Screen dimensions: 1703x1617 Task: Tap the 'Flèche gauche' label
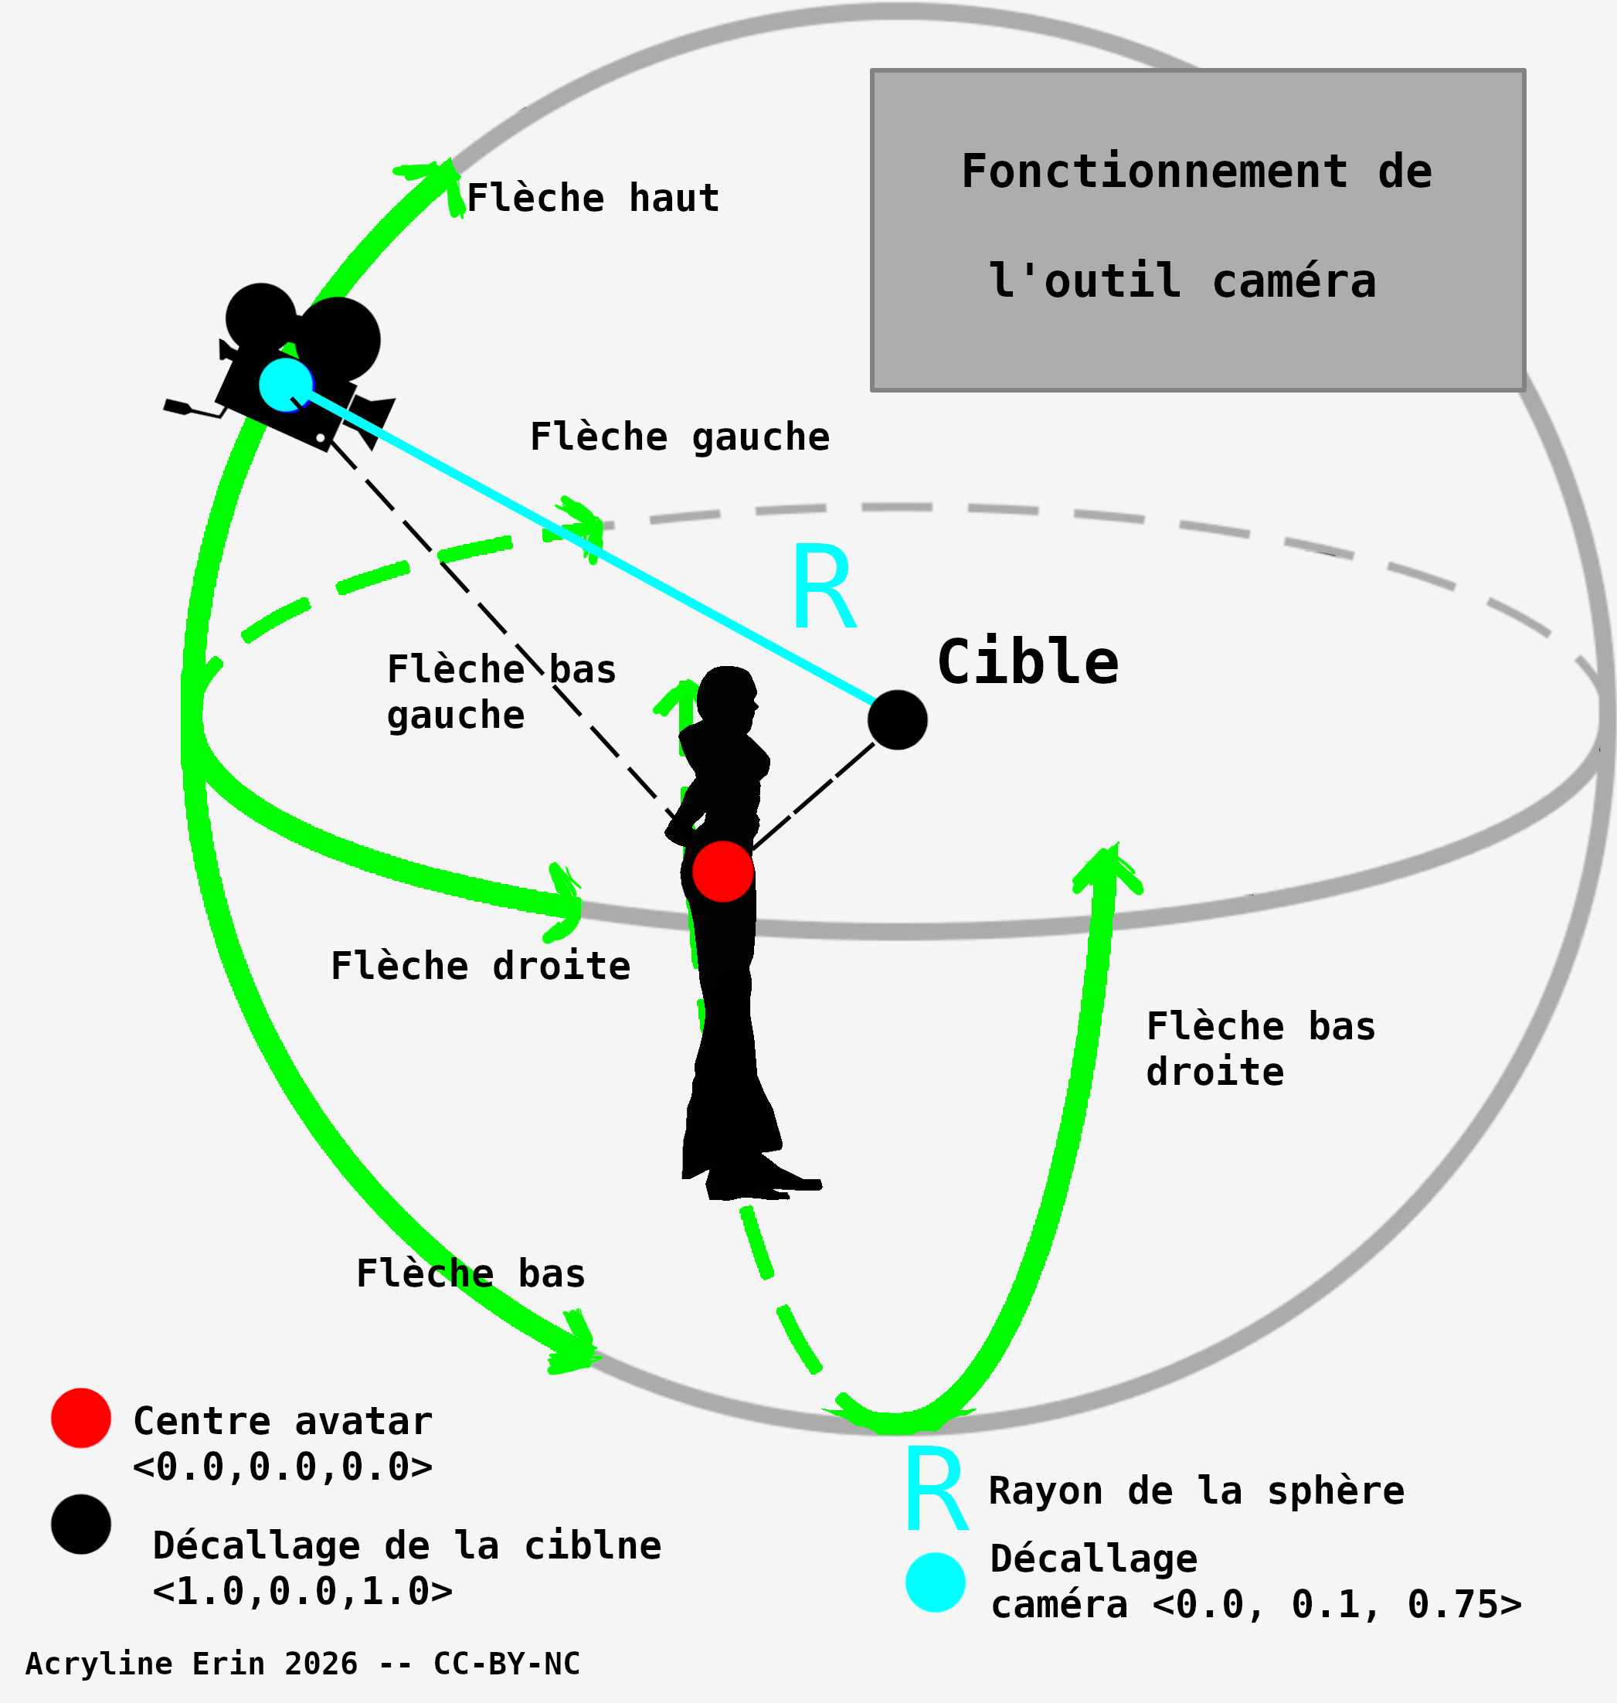679,437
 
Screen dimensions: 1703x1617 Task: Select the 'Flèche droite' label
480,966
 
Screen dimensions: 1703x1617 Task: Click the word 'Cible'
1028,662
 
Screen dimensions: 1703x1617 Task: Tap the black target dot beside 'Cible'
897,719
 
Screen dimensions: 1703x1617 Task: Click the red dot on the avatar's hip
723,872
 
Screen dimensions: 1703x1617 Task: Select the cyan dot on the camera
285,384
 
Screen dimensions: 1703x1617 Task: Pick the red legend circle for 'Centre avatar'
81,1418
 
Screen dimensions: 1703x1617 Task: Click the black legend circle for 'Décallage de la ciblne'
81,1525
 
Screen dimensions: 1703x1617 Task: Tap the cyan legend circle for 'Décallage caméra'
936,1582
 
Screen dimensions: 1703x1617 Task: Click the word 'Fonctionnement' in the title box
1154,171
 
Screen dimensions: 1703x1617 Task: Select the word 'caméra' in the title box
1294,281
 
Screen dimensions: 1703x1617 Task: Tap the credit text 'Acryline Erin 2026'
192,1664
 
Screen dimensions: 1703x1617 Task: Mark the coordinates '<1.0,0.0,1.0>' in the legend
303,1591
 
